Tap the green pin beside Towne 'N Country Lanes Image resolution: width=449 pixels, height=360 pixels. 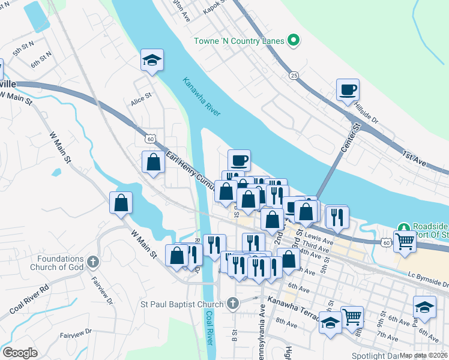click(x=294, y=41)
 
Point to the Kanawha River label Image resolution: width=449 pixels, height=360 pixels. click(x=202, y=97)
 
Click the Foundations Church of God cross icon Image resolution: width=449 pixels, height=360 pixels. click(x=92, y=262)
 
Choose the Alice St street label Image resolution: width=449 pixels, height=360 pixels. click(x=142, y=103)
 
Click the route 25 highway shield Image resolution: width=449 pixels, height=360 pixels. click(x=293, y=76)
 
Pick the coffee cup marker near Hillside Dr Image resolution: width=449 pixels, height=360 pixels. click(x=348, y=91)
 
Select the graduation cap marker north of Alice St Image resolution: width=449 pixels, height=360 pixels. click(x=152, y=61)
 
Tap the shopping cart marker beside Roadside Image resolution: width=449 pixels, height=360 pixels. click(x=406, y=242)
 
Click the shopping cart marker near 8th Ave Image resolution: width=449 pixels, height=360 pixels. click(x=352, y=316)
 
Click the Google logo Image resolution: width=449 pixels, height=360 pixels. click(x=20, y=352)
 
